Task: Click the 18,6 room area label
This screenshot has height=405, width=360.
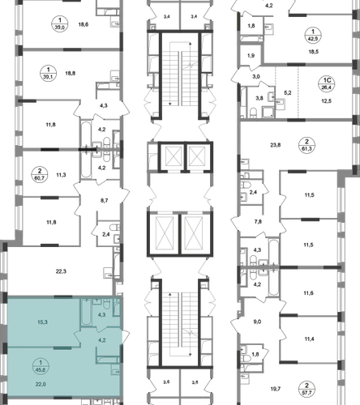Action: (x=84, y=24)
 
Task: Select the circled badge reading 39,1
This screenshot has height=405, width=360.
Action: (x=49, y=74)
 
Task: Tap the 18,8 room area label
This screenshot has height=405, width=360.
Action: (x=71, y=73)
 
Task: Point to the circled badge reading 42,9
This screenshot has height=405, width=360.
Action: (x=313, y=35)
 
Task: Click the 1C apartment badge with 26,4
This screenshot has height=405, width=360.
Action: (x=327, y=84)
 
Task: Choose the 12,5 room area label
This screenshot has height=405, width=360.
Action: (x=326, y=101)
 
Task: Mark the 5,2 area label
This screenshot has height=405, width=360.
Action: (x=288, y=93)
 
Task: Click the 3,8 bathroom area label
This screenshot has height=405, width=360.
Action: (x=259, y=98)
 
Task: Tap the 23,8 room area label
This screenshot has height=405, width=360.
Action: (x=276, y=145)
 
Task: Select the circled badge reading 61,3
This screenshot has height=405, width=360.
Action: (x=306, y=145)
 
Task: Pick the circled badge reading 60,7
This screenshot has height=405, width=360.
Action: (x=40, y=175)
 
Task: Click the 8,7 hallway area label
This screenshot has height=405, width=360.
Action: (x=104, y=201)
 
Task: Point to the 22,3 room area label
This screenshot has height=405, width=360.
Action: (x=61, y=271)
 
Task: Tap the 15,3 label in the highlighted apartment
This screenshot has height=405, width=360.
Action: (x=42, y=322)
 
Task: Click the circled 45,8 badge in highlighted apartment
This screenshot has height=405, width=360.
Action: (x=41, y=366)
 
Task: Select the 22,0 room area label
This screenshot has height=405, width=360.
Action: (x=41, y=384)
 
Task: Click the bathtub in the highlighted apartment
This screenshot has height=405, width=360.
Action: (x=87, y=313)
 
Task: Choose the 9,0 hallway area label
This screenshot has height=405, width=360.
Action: (x=257, y=322)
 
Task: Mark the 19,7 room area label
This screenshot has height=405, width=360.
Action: (x=276, y=389)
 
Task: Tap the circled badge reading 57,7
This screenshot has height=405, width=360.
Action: (x=306, y=389)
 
